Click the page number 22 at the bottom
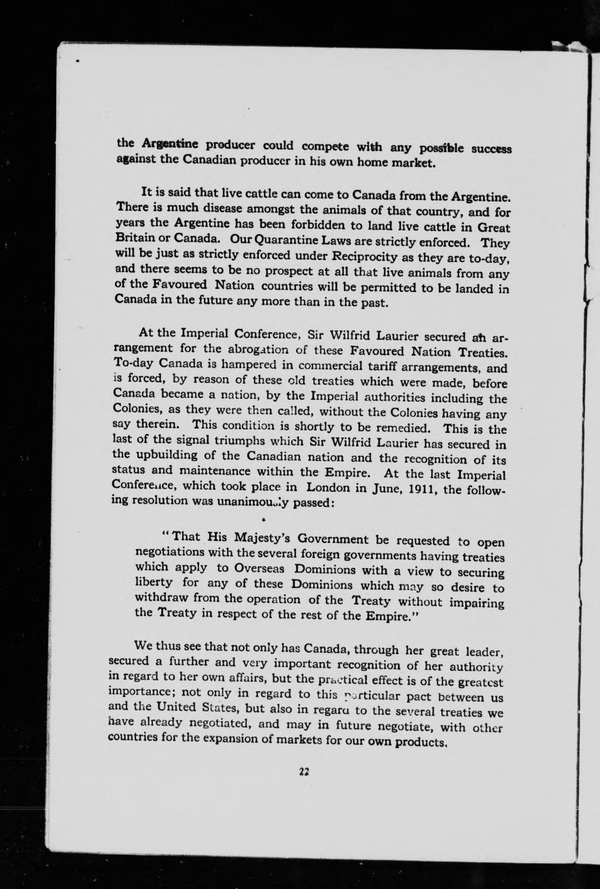click(x=304, y=772)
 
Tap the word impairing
click(x=477, y=604)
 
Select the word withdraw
click(x=159, y=598)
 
